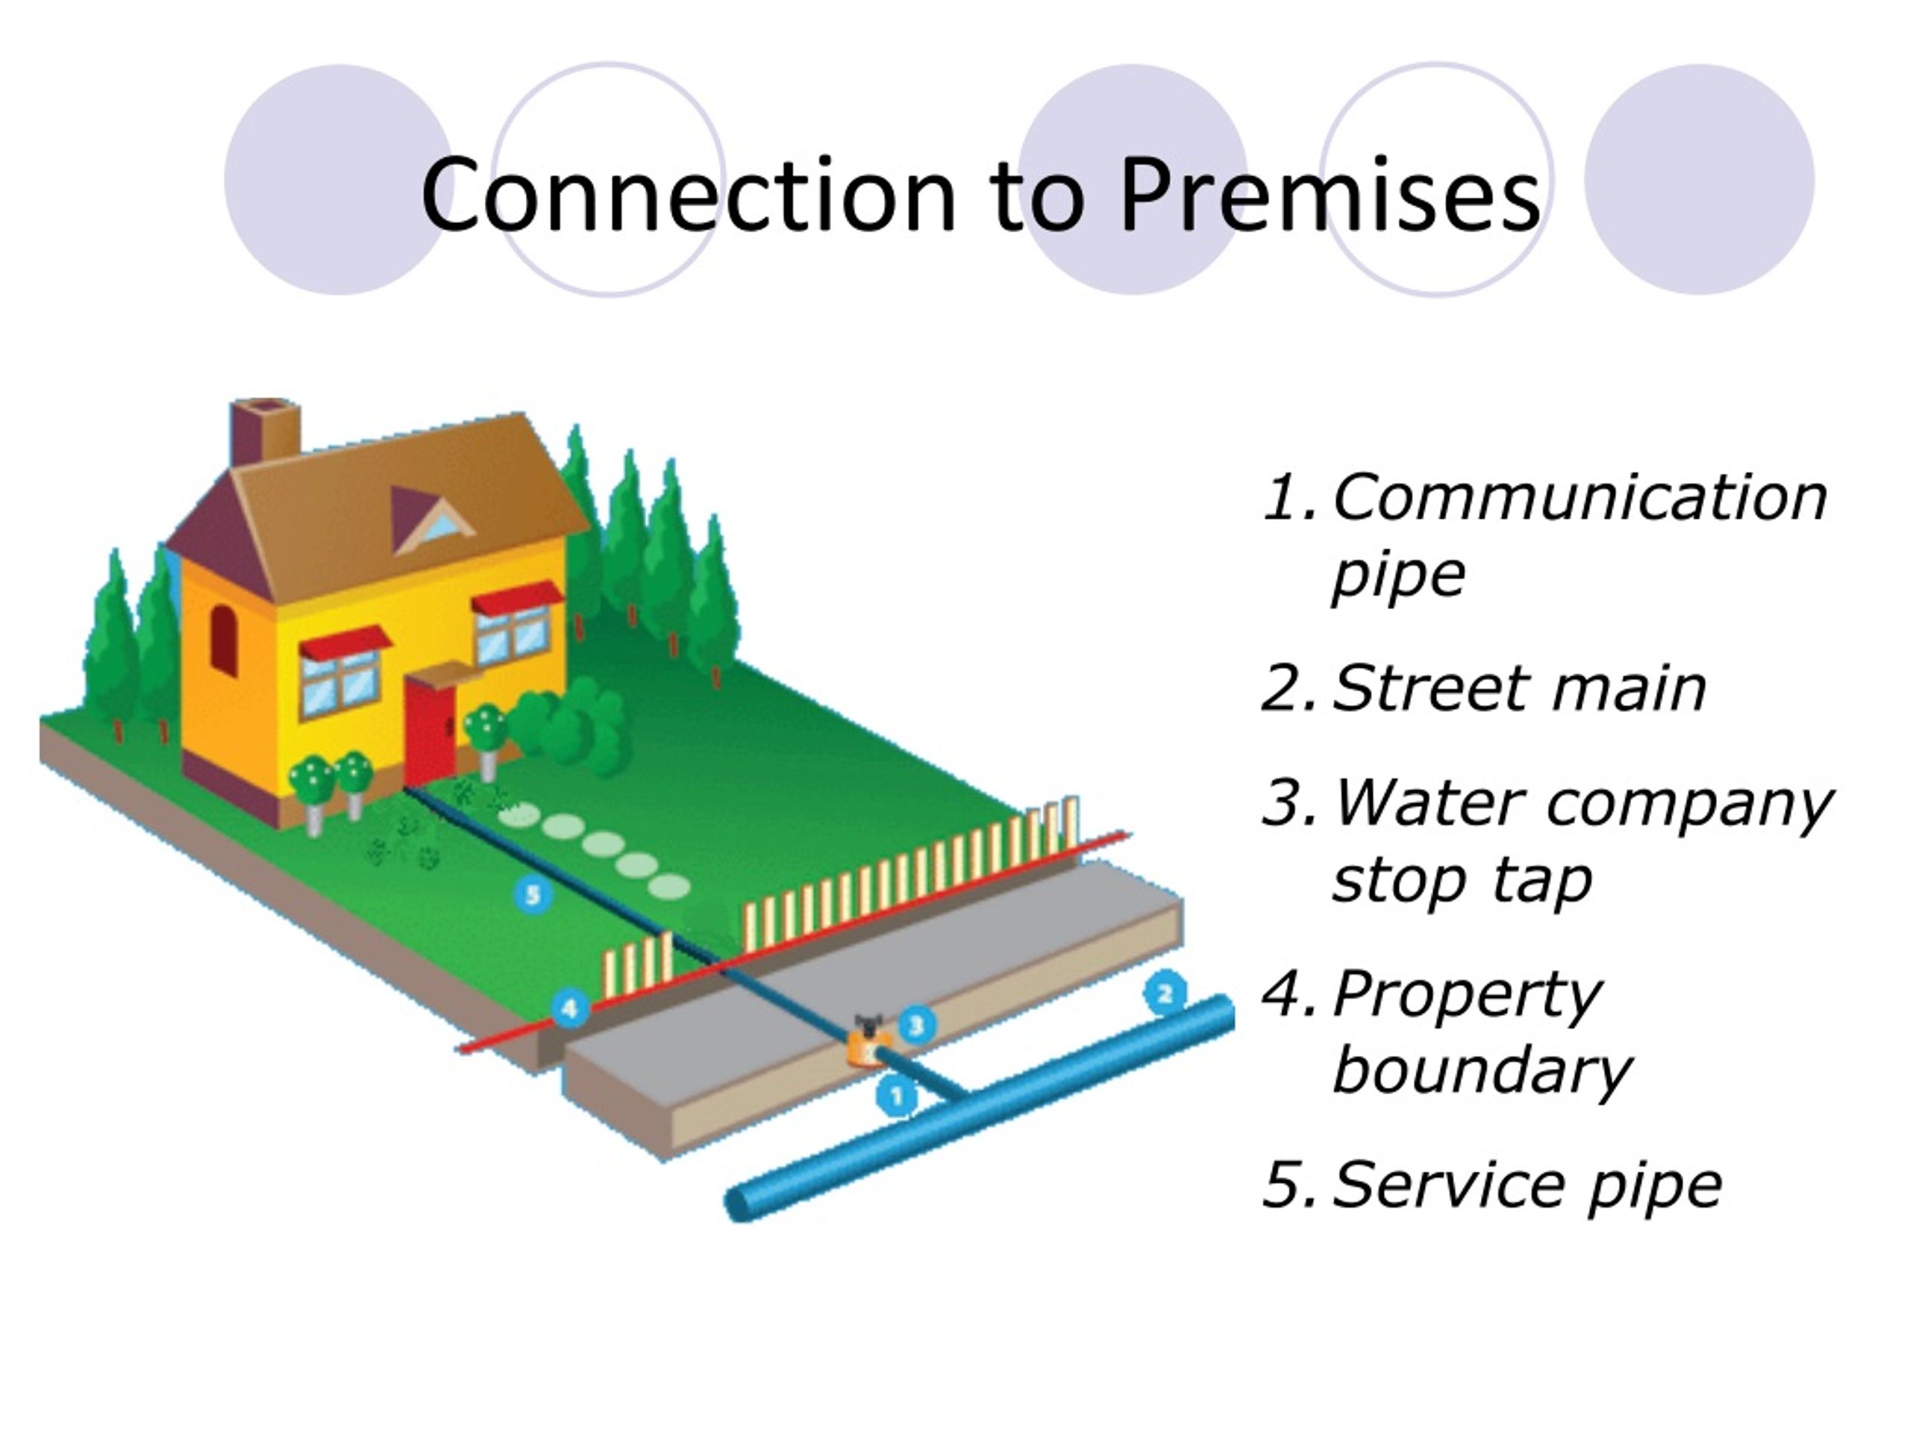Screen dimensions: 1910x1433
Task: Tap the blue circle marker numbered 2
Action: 1165,993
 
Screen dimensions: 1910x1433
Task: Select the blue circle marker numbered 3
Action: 917,1025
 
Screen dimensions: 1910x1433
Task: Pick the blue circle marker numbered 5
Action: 533,894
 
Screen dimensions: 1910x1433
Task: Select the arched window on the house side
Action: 224,640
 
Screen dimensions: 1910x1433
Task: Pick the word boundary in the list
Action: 1481,1071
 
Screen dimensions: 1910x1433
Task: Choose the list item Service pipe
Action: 1527,1186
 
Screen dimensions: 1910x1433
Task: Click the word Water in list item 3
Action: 1429,803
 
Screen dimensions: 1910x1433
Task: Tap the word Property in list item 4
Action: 1467,996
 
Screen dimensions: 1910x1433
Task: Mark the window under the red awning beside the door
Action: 340,682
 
